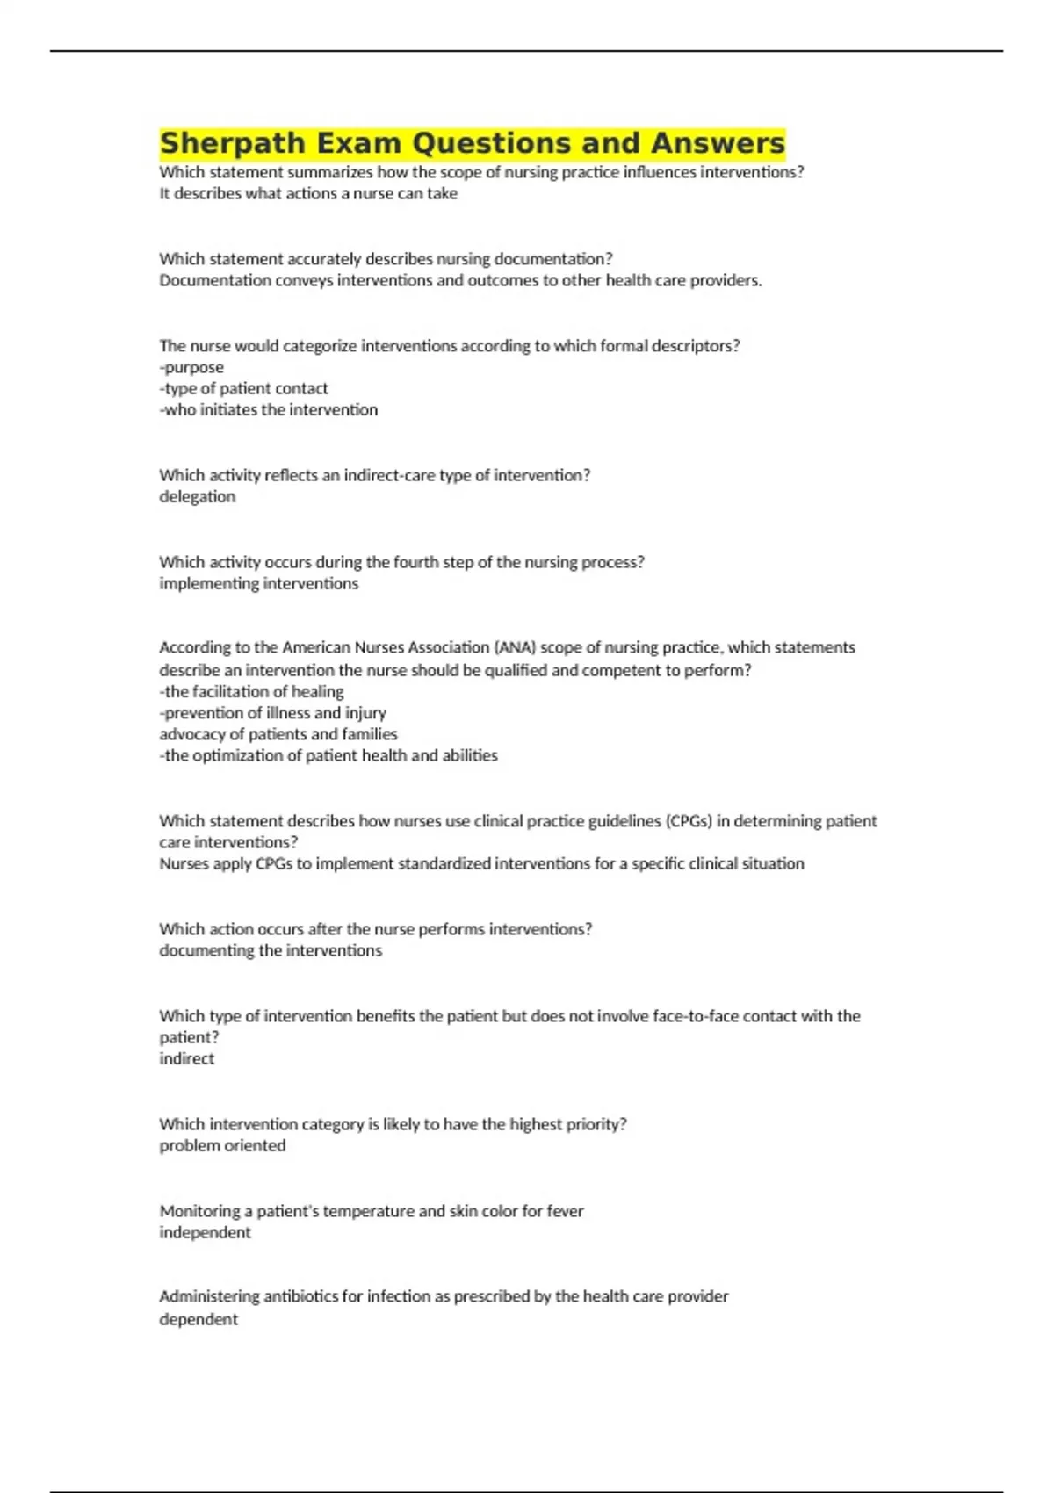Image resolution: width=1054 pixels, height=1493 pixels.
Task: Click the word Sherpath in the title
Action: point(233,143)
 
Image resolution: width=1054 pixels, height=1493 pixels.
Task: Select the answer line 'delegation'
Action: point(198,497)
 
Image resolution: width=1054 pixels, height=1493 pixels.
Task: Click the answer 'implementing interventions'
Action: point(259,584)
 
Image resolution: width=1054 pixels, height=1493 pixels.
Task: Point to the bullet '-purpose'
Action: point(191,368)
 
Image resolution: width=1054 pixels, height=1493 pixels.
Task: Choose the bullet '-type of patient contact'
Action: point(243,389)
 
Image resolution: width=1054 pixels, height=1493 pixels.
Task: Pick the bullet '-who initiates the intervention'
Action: point(268,410)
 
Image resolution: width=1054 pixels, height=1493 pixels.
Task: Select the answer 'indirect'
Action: point(187,1059)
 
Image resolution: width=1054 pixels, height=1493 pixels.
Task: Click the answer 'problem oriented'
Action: point(222,1146)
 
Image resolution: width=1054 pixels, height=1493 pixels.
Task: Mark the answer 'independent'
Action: point(205,1233)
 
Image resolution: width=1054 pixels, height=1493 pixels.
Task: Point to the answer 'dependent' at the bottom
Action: point(199,1320)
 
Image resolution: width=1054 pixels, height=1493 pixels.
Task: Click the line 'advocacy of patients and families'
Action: point(278,734)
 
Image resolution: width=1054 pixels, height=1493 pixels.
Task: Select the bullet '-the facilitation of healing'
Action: point(251,692)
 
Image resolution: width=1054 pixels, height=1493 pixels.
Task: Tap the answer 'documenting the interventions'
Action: point(271,951)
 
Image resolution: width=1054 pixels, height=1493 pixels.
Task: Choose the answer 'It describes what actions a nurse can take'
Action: point(308,194)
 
